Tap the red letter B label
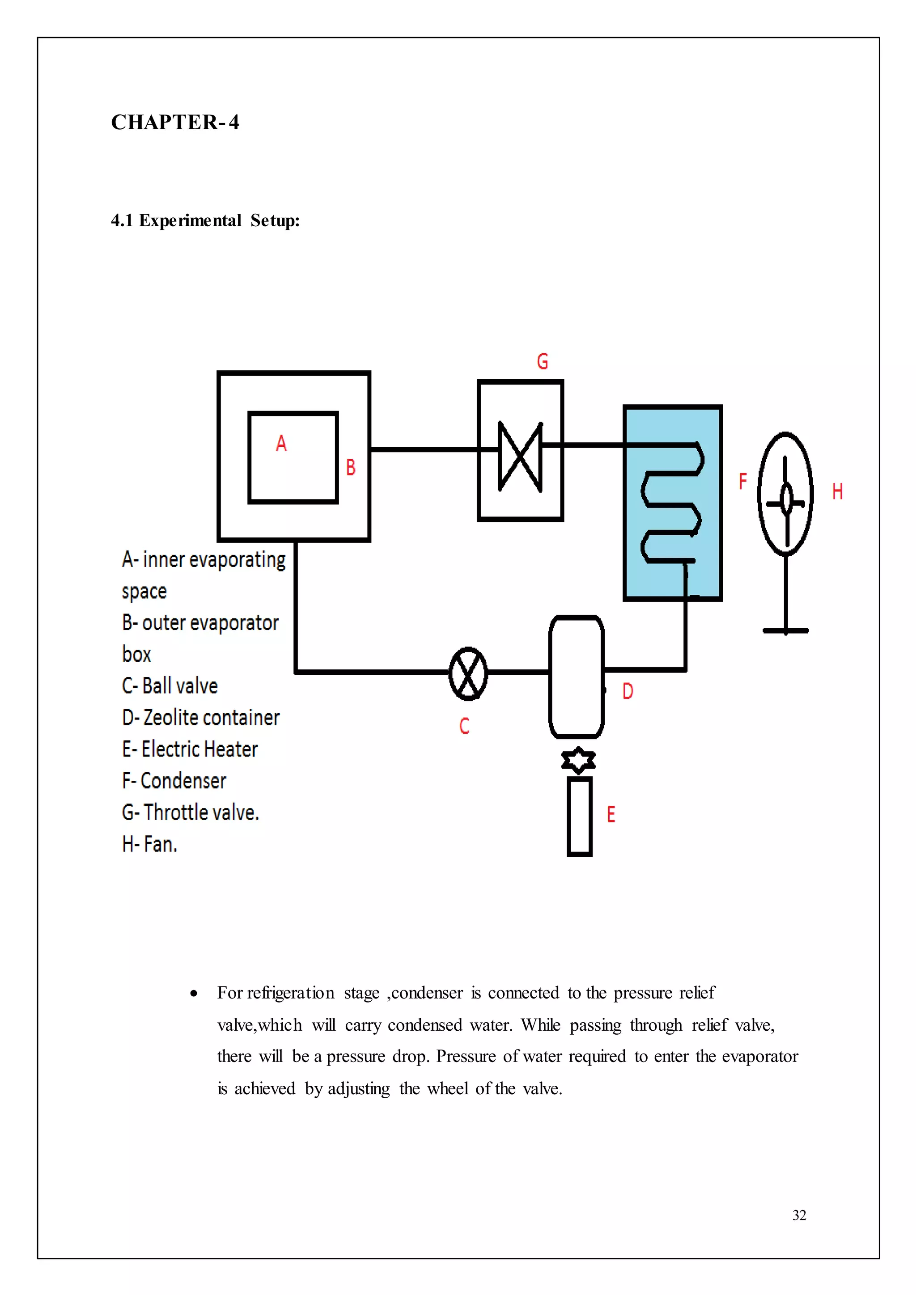point(351,468)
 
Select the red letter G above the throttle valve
point(543,362)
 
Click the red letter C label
point(464,726)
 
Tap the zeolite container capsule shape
point(577,677)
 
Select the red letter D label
point(628,691)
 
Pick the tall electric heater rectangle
point(579,817)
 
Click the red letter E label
point(611,814)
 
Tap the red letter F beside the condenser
point(743,481)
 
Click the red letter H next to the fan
point(838,492)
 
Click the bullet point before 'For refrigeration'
point(194,994)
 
